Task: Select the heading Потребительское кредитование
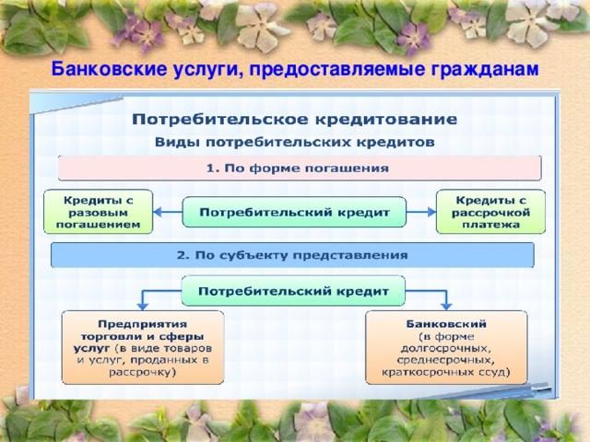tap(295, 120)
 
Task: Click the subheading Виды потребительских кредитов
tap(295, 143)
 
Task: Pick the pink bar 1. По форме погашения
tap(300, 168)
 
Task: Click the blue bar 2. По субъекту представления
tap(292, 255)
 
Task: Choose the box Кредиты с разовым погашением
tap(99, 212)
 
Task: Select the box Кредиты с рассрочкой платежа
tap(490, 212)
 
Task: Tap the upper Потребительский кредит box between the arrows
tap(294, 212)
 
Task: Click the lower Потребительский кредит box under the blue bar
tap(293, 291)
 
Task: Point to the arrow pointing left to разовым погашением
tap(168, 212)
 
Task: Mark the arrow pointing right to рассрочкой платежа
tap(421, 212)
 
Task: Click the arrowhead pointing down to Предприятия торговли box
tap(142, 306)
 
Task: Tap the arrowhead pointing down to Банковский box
tap(446, 306)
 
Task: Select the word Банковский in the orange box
tap(446, 324)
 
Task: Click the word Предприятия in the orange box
tap(143, 324)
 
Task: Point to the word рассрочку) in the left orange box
tap(143, 372)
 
